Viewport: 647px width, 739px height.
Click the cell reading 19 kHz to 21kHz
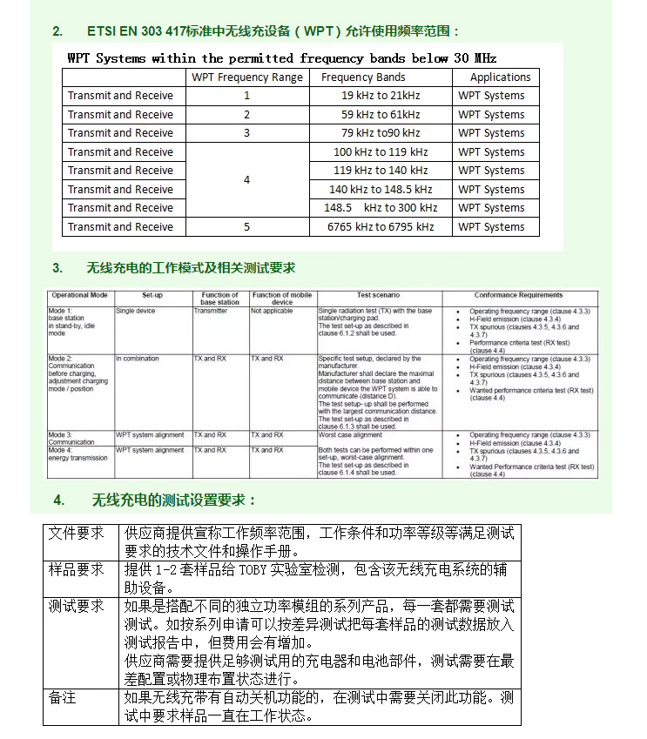click(x=380, y=96)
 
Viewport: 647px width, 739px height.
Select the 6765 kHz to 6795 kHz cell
click(x=380, y=227)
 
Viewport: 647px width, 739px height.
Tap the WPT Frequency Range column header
click(x=247, y=77)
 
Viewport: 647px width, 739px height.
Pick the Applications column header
click(x=495, y=77)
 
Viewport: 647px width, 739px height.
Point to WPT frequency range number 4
click(x=246, y=180)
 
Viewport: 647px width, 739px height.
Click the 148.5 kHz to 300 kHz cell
click(x=381, y=208)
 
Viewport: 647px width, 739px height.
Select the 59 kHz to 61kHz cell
click(x=380, y=115)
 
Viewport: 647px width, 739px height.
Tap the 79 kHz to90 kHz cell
click(x=380, y=133)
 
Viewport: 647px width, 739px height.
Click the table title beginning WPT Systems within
click(x=281, y=58)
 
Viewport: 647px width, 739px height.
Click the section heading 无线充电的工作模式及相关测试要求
click(x=191, y=268)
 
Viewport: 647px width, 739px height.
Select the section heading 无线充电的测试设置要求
click(x=173, y=500)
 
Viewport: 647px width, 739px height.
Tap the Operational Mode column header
click(x=80, y=296)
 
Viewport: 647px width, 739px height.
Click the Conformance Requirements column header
click(x=518, y=296)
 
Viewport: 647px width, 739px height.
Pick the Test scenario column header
click(x=378, y=296)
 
